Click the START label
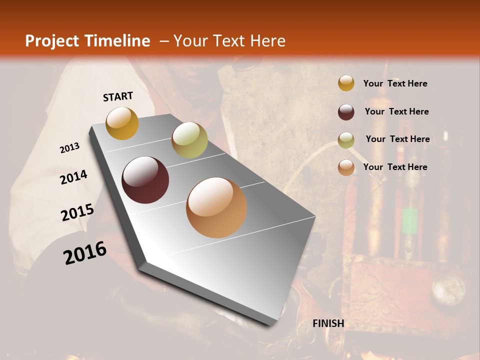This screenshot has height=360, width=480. pyautogui.click(x=118, y=96)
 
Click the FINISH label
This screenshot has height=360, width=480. pyautogui.click(x=328, y=323)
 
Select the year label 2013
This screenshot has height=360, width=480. pyautogui.click(x=70, y=148)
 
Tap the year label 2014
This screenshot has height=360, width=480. pyautogui.click(x=74, y=177)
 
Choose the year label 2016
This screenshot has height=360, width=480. pyautogui.click(x=85, y=253)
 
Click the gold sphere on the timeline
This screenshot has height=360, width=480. pyautogui.click(x=122, y=123)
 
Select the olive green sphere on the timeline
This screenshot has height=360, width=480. pyautogui.click(x=189, y=140)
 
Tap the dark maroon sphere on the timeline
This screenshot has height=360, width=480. pyautogui.click(x=145, y=180)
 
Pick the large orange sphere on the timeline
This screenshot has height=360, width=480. pyautogui.click(x=216, y=207)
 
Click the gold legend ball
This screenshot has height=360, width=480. pyautogui.click(x=346, y=83)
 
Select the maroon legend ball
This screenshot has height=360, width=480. pyautogui.click(x=346, y=112)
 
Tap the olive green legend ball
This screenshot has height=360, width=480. pyautogui.click(x=346, y=140)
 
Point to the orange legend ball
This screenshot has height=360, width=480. pyautogui.click(x=346, y=167)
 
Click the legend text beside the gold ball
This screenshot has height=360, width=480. pyautogui.click(x=395, y=83)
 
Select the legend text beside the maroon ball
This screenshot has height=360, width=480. pyautogui.click(x=396, y=111)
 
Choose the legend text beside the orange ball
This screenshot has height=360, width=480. pyautogui.click(x=395, y=167)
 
